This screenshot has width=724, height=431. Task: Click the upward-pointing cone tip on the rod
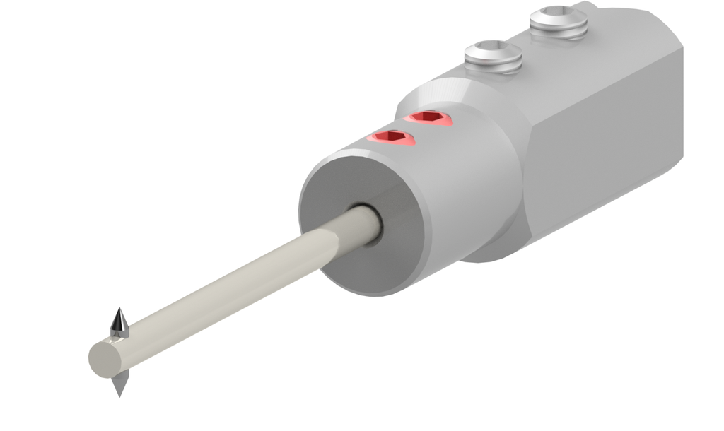pos(119,321)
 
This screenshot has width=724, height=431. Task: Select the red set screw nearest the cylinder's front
pos(390,136)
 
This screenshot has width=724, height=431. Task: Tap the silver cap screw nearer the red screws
pos(493,57)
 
